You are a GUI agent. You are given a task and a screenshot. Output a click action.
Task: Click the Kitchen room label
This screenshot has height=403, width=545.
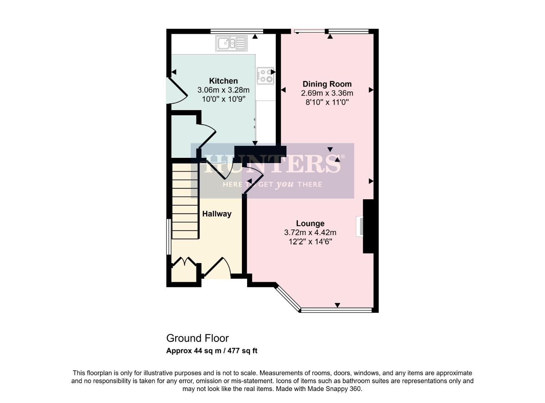coord(223,81)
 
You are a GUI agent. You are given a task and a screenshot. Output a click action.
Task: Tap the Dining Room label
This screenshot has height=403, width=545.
coord(327,84)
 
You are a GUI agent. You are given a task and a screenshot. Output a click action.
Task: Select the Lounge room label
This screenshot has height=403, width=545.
coord(310,224)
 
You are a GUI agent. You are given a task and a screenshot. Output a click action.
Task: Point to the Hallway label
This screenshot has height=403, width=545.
coord(217,214)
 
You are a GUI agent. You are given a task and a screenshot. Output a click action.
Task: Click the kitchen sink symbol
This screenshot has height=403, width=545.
coord(231,43)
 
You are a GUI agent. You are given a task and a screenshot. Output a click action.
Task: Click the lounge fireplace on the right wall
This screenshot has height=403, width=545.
coord(360,226)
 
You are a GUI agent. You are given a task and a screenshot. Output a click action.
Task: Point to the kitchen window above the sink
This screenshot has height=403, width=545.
coord(237,31)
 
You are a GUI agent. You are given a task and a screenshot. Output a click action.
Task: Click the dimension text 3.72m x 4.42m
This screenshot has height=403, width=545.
coord(310,232)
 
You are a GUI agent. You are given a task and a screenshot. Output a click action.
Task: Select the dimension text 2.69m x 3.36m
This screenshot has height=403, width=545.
coord(327,93)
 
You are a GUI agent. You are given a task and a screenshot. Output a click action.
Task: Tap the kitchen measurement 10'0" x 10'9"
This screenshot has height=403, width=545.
coord(223,99)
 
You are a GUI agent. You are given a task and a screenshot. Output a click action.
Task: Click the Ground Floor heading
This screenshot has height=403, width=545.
coord(197,338)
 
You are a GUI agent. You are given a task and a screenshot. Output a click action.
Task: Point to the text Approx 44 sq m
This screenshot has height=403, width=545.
coord(193,351)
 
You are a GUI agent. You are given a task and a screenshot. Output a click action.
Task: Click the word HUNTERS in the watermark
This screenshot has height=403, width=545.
coord(272,163)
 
